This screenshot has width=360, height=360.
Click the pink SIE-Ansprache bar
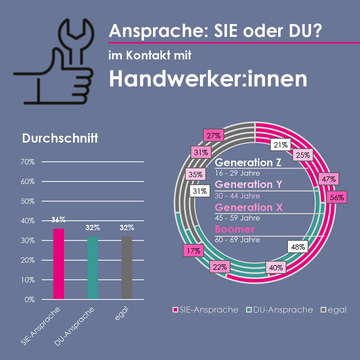(x=58, y=264)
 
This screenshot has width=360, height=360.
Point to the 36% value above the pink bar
(x=58, y=220)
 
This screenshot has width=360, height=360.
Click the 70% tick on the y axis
(x=28, y=162)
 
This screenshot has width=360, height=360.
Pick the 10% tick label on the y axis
(x=28, y=280)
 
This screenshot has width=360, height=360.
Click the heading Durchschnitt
(x=60, y=138)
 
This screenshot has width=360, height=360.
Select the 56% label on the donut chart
(x=337, y=197)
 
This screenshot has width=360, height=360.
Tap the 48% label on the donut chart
(x=298, y=247)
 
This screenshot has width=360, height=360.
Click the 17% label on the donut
(x=193, y=250)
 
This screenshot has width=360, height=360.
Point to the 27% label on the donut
(x=214, y=136)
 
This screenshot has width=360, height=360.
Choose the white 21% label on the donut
(x=280, y=145)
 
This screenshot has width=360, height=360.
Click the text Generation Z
(x=248, y=162)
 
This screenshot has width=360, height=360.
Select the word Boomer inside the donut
(x=235, y=229)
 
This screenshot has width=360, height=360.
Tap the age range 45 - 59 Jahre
(x=237, y=218)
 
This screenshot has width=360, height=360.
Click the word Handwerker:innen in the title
(x=208, y=79)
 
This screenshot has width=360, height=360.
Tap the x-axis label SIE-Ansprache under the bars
(x=41, y=326)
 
